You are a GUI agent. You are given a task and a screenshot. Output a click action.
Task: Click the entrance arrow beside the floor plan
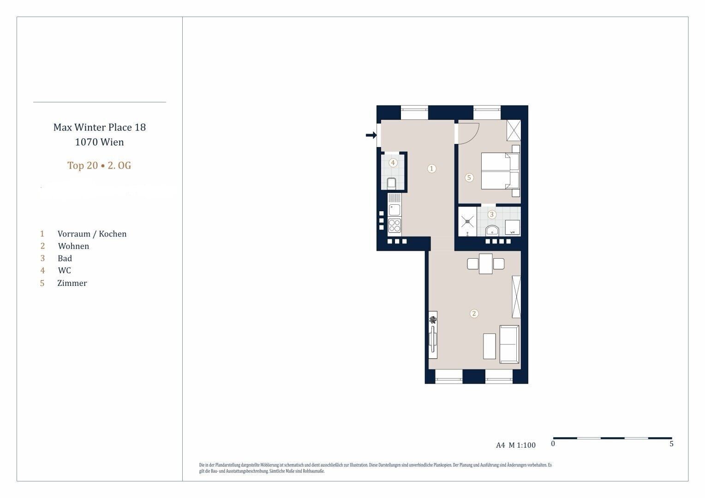point(371,135)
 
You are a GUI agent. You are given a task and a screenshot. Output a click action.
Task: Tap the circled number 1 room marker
point(431,169)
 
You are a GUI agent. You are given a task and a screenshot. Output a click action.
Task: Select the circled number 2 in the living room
point(474,314)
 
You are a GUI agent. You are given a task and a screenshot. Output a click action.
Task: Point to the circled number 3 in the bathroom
point(492,214)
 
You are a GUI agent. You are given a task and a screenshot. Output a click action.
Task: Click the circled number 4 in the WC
point(393,163)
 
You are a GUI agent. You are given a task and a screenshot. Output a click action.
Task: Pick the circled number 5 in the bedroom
point(469,178)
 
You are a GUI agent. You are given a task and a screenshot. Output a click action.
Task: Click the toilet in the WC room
point(392,183)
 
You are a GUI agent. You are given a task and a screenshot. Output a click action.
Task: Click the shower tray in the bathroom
point(467,221)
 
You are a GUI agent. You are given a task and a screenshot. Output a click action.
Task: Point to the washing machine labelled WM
point(513,227)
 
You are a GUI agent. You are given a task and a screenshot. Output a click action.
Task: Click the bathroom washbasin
point(492,231)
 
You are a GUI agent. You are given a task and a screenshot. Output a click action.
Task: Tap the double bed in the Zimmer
point(500,171)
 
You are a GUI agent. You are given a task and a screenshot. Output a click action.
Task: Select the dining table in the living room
point(486,264)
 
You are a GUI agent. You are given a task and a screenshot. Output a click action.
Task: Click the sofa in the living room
point(509,344)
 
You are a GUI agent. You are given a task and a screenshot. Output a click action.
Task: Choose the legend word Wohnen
point(73,246)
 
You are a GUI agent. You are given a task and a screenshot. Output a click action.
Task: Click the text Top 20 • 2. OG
point(99,166)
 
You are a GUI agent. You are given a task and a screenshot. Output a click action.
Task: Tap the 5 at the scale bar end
point(671,444)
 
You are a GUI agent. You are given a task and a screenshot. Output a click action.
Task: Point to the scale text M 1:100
point(522,445)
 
